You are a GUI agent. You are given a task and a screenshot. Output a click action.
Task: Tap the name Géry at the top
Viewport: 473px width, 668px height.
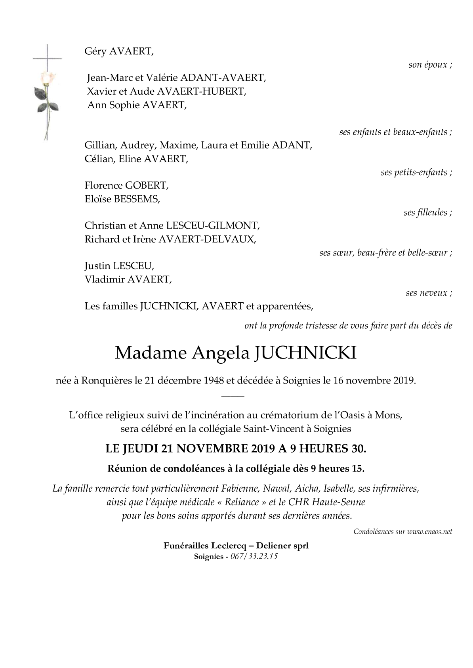point(95,52)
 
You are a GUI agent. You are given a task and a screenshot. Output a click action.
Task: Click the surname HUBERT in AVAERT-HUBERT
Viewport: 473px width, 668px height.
point(225,92)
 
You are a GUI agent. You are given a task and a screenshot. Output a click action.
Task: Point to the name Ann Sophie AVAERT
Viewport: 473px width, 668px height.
point(136,105)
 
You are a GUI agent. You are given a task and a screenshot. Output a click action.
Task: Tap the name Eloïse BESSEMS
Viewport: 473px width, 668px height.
point(122,199)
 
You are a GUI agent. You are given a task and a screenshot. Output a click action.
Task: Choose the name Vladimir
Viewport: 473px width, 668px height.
point(104,280)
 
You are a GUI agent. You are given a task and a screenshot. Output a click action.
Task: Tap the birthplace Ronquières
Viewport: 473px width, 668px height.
point(107,381)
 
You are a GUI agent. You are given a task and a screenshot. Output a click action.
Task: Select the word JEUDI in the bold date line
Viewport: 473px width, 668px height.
point(141,449)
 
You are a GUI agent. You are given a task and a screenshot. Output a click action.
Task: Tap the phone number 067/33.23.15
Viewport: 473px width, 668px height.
point(254,556)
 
